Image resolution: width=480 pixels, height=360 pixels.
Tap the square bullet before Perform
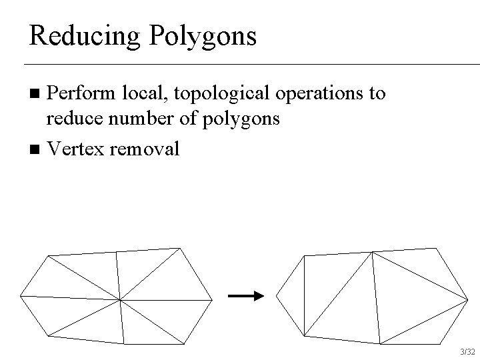[37, 93]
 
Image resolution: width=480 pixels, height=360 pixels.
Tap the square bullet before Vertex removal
[37, 149]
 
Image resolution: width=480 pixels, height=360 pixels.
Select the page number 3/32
[467, 351]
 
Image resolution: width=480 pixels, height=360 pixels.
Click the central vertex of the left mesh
[119, 300]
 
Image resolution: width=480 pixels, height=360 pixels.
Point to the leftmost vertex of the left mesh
[21, 295]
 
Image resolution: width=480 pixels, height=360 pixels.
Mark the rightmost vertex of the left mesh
[212, 299]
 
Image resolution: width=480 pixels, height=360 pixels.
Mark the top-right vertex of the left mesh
[179, 249]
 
